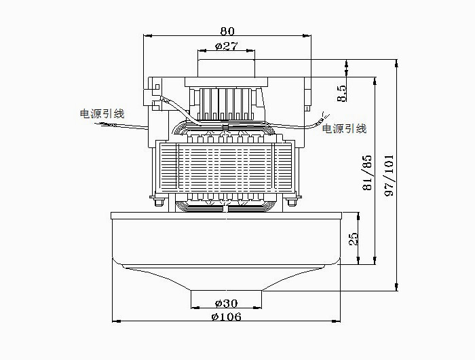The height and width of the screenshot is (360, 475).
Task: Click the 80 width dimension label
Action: click(227, 31)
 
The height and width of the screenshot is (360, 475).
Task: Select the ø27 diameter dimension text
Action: click(226, 46)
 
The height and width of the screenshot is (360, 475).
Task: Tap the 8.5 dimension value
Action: click(341, 93)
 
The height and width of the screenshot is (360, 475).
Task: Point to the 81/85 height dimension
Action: click(367, 173)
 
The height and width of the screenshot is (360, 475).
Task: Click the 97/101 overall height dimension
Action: click(389, 175)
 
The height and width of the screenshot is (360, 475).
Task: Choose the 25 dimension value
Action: click(354, 238)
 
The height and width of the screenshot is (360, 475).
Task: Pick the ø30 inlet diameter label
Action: click(226, 303)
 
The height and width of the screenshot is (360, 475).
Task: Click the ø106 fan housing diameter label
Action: click(226, 317)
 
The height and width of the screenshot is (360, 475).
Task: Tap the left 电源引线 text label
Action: click(102, 113)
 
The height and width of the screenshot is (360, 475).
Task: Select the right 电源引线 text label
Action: click(344, 128)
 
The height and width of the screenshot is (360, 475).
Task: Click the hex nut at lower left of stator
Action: click(159, 202)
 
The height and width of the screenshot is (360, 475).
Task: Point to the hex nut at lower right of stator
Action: click(292, 202)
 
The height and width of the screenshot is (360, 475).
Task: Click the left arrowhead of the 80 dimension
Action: click(147, 35)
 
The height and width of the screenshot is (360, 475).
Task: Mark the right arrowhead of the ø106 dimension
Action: click(336, 321)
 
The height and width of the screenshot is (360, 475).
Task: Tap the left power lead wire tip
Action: click(96, 123)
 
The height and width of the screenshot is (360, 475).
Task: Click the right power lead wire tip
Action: click(329, 114)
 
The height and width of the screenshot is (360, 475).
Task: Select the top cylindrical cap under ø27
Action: click(226, 68)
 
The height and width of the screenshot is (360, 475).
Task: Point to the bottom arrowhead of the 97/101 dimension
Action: click(396, 287)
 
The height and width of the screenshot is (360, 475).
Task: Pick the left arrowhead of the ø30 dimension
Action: click(195, 308)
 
